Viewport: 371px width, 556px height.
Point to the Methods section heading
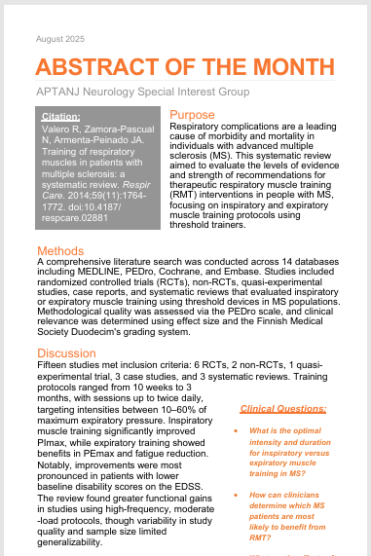pos(60,251)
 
